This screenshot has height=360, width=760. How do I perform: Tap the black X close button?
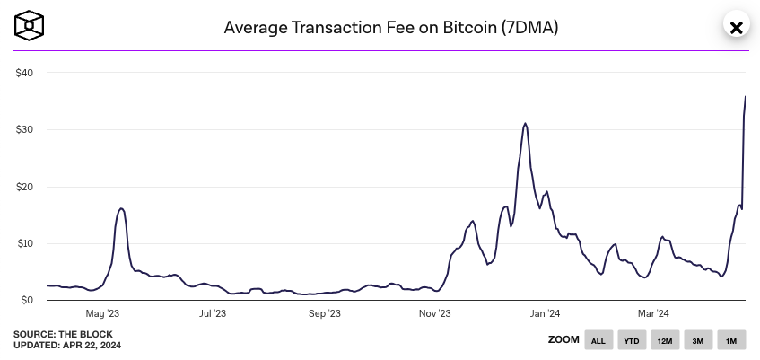click(736, 27)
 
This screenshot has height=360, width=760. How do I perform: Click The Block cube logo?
click(31, 26)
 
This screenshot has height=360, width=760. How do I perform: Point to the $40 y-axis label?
click(24, 73)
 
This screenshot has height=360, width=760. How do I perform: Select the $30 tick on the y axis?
click(24, 130)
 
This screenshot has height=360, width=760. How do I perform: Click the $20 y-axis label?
click(24, 187)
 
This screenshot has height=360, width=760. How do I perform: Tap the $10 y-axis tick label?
click(24, 243)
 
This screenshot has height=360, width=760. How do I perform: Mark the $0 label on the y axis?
click(27, 301)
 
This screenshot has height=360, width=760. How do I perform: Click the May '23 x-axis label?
click(102, 313)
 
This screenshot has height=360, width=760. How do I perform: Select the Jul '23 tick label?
click(213, 313)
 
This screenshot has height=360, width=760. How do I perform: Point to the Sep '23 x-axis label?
click(324, 313)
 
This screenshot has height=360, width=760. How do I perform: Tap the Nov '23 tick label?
click(434, 313)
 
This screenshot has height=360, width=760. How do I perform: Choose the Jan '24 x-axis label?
click(545, 313)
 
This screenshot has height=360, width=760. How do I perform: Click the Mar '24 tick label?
click(652, 313)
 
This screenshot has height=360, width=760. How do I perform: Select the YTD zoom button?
click(632, 340)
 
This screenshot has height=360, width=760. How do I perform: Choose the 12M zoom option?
click(665, 340)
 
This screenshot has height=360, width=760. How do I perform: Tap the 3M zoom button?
click(697, 340)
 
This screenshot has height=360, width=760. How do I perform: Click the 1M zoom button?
click(730, 340)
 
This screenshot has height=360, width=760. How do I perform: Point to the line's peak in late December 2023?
click(525, 124)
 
